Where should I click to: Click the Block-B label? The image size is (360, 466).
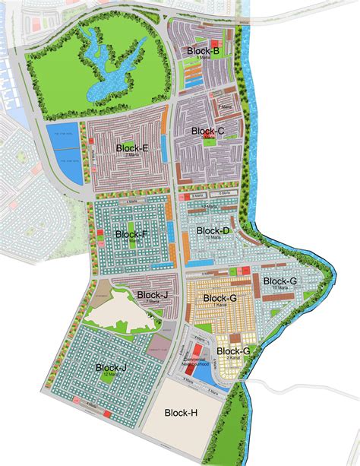pyautogui.click(x=204, y=50)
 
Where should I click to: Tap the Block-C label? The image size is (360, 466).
pyautogui.click(x=207, y=131)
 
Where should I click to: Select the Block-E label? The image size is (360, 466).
pyautogui.click(x=131, y=147)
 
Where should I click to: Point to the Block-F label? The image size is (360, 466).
pyautogui.click(x=131, y=234)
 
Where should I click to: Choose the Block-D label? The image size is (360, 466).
pyautogui.click(x=213, y=230)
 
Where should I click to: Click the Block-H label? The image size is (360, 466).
pyautogui.click(x=181, y=412)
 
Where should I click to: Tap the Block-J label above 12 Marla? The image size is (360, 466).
pyautogui.click(x=112, y=368)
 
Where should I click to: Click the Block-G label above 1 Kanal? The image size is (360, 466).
pyautogui.click(x=221, y=299)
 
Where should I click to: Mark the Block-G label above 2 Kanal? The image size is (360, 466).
pyautogui.click(x=233, y=350)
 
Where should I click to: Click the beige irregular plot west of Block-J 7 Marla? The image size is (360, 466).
pyautogui.click(x=122, y=308)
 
